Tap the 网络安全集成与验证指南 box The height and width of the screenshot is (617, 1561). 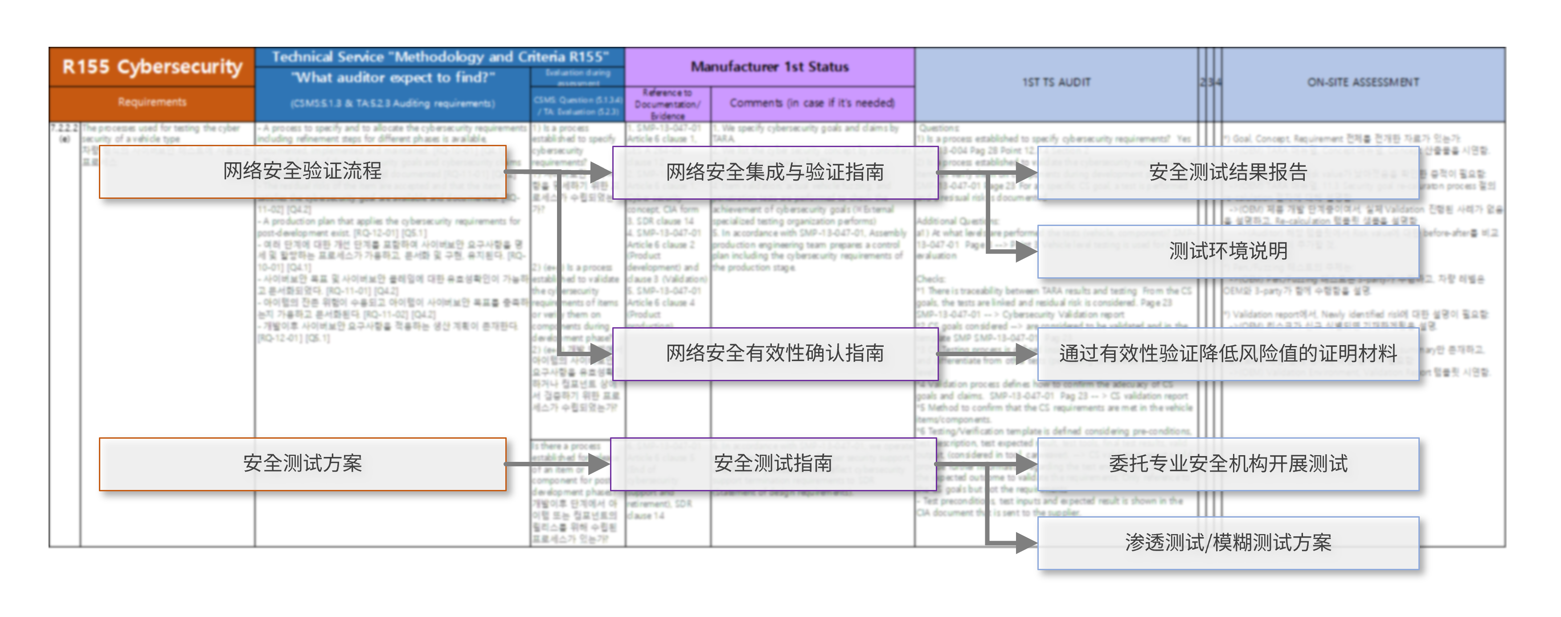tap(774, 173)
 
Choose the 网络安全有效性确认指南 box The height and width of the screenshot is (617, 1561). tap(774, 354)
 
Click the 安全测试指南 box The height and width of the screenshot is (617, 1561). tap(773, 464)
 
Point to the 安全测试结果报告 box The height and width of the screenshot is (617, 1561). tap(1228, 173)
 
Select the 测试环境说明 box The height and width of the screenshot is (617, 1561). tap(1228, 251)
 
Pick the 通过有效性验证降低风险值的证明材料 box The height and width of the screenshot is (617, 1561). tap(1228, 354)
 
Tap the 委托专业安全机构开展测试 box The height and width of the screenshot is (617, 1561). tap(1228, 464)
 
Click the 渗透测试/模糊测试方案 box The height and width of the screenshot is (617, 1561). tap(1228, 543)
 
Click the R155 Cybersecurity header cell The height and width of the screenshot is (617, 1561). tap(152, 67)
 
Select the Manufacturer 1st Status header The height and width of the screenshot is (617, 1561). tap(769, 67)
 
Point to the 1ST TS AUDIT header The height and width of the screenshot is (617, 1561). tap(1056, 82)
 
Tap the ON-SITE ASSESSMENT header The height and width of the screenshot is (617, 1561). tap(1363, 82)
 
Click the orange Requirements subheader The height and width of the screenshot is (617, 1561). tap(152, 103)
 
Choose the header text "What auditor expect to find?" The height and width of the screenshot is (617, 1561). tap(393, 78)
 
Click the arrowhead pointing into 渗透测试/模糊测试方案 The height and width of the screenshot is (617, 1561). tap(1025, 543)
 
